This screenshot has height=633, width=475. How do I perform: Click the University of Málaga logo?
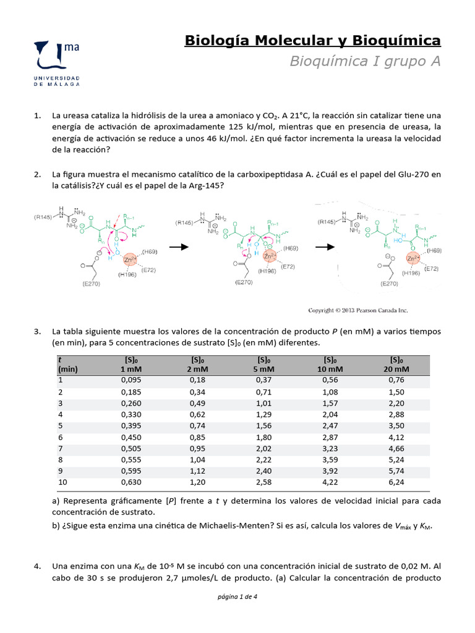click(58, 62)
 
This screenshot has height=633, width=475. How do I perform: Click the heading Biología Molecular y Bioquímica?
click(312, 41)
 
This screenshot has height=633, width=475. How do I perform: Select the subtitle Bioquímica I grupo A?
click(365, 61)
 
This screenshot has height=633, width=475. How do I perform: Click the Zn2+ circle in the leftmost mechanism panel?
click(131, 261)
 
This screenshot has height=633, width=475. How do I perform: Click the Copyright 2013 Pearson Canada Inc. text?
click(358, 310)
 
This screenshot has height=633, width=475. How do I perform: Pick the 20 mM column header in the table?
click(396, 364)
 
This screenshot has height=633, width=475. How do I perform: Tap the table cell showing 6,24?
click(396, 482)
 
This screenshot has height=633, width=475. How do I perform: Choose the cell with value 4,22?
click(330, 482)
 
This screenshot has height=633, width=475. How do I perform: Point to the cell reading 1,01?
click(264, 403)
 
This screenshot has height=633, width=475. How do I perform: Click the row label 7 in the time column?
click(61, 448)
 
